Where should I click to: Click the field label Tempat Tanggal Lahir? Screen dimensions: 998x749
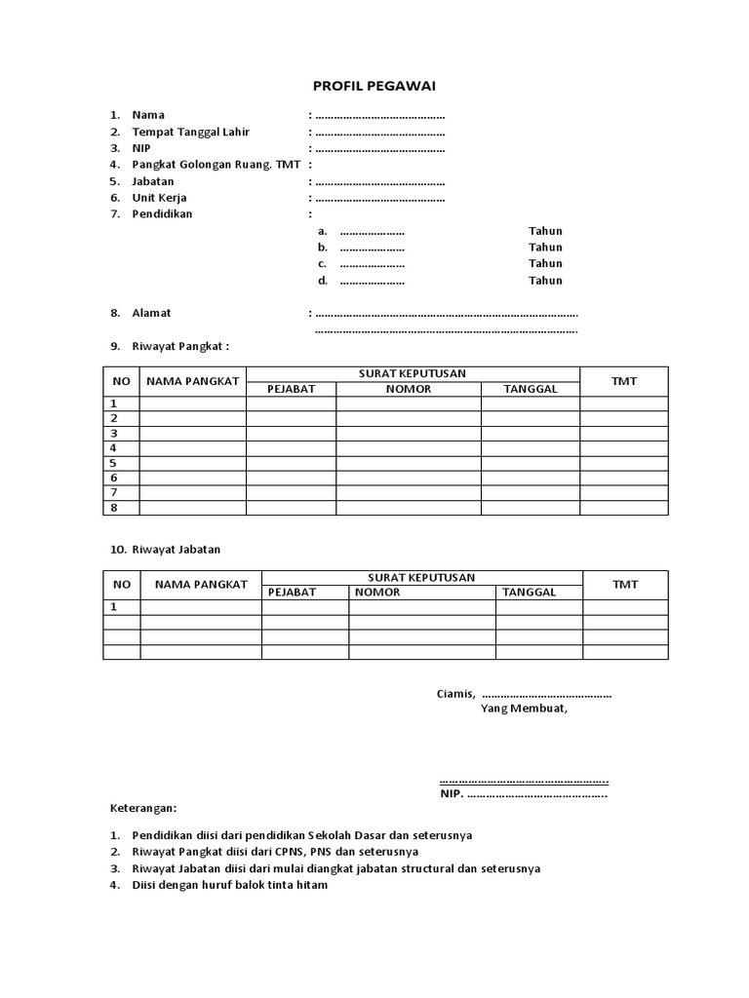point(191,132)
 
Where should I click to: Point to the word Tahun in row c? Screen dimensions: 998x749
point(545,264)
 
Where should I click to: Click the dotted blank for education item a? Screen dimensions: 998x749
point(372,232)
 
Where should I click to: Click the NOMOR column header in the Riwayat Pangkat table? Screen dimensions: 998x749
point(409,389)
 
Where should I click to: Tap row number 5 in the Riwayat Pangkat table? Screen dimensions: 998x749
point(114,463)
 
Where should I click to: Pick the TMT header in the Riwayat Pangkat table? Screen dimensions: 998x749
point(624,381)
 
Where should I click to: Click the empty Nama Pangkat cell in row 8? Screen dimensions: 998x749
point(192,508)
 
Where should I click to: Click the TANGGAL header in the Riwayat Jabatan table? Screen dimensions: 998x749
point(530,592)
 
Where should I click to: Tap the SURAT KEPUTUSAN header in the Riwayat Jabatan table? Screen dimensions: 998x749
point(421,577)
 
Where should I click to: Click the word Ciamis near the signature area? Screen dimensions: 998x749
point(454,694)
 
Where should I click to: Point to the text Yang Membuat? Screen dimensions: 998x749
point(524,709)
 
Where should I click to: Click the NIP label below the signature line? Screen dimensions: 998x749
point(452,794)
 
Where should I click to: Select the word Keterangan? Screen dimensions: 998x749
point(142,809)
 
